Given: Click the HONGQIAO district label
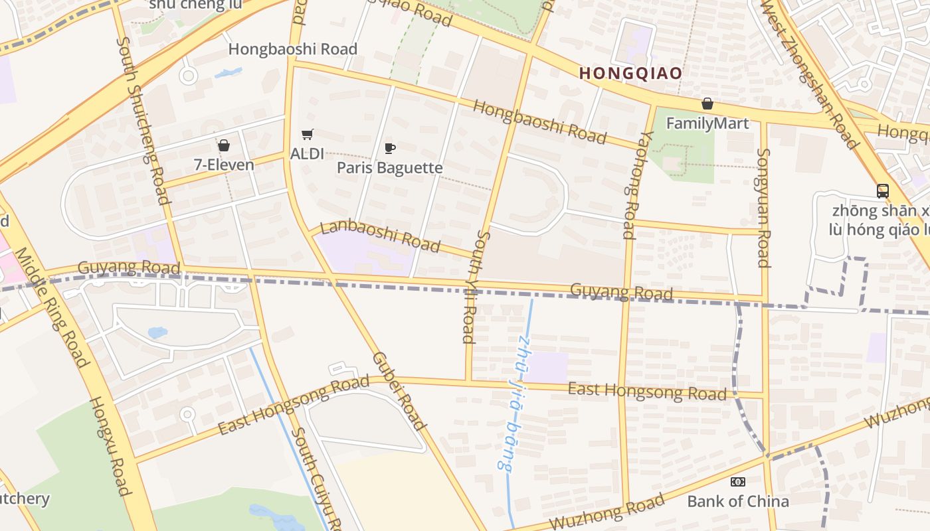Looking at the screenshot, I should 630,73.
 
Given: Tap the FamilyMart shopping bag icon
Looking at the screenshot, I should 707,104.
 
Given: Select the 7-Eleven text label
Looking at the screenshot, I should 224,165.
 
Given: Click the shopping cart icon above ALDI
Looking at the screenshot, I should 307,135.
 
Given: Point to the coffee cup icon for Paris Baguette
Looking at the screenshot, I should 390,148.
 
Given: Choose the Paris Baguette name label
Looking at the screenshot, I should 389,167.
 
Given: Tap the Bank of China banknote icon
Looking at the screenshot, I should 737,482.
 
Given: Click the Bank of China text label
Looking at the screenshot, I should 737,501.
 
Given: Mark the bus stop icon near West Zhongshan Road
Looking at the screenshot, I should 882,191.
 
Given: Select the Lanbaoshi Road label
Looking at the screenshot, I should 380,236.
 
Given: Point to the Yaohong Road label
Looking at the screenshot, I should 628,185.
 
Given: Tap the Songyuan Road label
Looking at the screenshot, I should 763,207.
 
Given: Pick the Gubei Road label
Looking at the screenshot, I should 399,391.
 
